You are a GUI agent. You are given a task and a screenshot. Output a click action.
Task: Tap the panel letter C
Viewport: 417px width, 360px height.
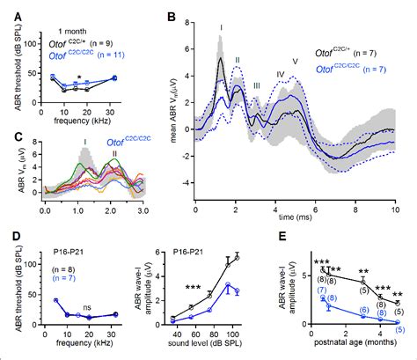(10, 136)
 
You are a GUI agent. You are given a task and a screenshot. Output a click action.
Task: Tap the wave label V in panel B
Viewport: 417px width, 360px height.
(295, 61)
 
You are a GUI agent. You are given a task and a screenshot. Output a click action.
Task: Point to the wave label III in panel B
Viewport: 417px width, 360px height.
(257, 85)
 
